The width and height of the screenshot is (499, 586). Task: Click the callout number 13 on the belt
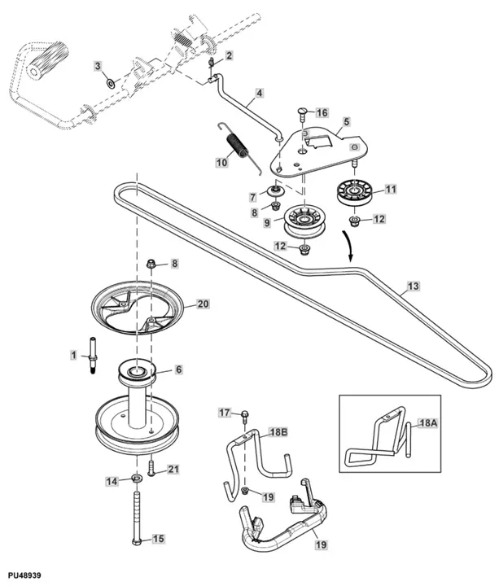(x=414, y=286)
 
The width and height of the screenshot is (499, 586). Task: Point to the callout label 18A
(x=427, y=424)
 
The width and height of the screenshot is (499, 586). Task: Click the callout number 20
(x=203, y=304)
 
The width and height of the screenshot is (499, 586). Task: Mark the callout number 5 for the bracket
(x=346, y=122)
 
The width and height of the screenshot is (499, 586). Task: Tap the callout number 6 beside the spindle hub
(x=178, y=369)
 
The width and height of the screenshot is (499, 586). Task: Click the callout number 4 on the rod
(x=259, y=94)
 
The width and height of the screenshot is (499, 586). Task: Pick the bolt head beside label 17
(x=245, y=417)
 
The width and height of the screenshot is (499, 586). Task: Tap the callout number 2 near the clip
(x=229, y=55)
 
